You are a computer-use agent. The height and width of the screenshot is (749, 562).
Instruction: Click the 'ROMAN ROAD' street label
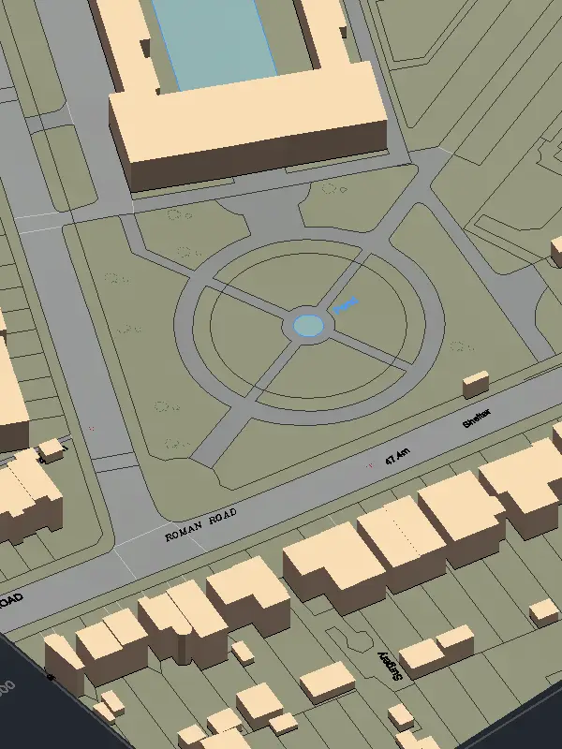tap(200, 525)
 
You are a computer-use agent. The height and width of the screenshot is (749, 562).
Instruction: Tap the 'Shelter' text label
tap(478, 418)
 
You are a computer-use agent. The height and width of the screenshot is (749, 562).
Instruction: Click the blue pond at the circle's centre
tap(308, 326)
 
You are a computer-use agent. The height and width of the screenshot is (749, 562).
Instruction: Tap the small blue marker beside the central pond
tap(346, 304)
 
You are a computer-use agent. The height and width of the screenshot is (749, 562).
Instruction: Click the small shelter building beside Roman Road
tap(476, 383)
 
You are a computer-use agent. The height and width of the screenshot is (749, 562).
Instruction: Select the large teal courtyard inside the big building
tap(214, 42)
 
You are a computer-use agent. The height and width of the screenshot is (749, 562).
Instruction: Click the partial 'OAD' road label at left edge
tap(9, 600)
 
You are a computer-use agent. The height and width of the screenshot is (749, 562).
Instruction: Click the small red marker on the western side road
tap(91, 428)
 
